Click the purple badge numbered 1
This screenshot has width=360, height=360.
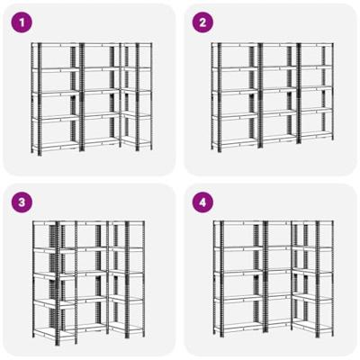pyautogui.click(x=22, y=22)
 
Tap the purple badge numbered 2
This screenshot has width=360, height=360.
pyautogui.click(x=202, y=22)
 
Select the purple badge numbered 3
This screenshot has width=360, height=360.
pyautogui.click(x=22, y=202)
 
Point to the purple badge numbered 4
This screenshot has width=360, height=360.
pyautogui.click(x=202, y=202)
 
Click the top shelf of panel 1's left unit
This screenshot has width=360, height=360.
pyautogui.click(x=56, y=45)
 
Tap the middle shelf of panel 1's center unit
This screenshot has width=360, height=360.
pyautogui.click(x=101, y=91)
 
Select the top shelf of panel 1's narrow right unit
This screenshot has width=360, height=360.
pyautogui.click(x=137, y=45)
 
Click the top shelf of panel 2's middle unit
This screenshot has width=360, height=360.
pyautogui.click(x=279, y=45)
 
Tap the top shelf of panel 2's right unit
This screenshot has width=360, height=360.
pyautogui.click(x=316, y=45)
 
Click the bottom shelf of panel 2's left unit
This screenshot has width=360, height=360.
pyautogui.click(x=236, y=143)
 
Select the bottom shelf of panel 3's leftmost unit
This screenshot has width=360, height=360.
pyautogui.click(x=46, y=332)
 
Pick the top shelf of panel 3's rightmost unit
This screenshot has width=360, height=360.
pyautogui.click(x=127, y=223)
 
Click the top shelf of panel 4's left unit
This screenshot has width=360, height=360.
pyautogui.click(x=239, y=222)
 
